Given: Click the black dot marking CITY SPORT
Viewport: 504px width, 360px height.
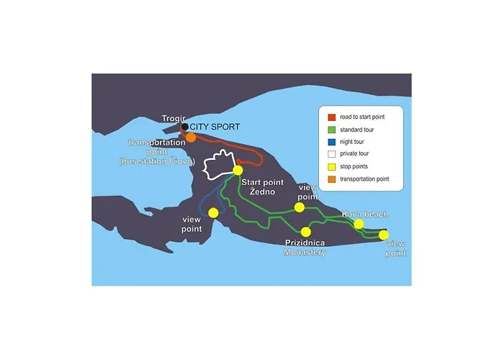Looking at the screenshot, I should pos(185,127).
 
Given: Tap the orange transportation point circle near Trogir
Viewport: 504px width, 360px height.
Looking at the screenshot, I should pos(191,137).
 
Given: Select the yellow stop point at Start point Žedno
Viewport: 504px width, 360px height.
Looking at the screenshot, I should pos(238,171).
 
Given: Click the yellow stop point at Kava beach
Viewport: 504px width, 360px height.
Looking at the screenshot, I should pos(359,225).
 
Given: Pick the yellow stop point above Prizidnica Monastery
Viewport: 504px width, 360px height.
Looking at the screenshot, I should pos(306,232).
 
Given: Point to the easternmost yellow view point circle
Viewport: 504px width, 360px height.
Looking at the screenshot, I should pos(384,235).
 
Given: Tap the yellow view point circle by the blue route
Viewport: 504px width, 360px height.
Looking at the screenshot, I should pos(213,212).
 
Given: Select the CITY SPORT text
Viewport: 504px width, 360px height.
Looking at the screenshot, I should pos(215,127).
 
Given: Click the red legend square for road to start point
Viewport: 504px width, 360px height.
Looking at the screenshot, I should pos(331,117).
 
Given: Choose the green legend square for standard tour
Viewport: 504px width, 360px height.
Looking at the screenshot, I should pos(331,130).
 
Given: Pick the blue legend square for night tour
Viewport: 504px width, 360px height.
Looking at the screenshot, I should pos(331,142).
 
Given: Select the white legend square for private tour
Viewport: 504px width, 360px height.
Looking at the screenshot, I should pos(331,154).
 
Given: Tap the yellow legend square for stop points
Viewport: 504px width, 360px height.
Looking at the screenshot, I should pos(331,166).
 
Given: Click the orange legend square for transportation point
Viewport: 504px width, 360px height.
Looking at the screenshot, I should pos(331,179).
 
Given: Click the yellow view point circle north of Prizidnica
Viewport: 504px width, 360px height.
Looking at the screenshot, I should pos(299,207).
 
